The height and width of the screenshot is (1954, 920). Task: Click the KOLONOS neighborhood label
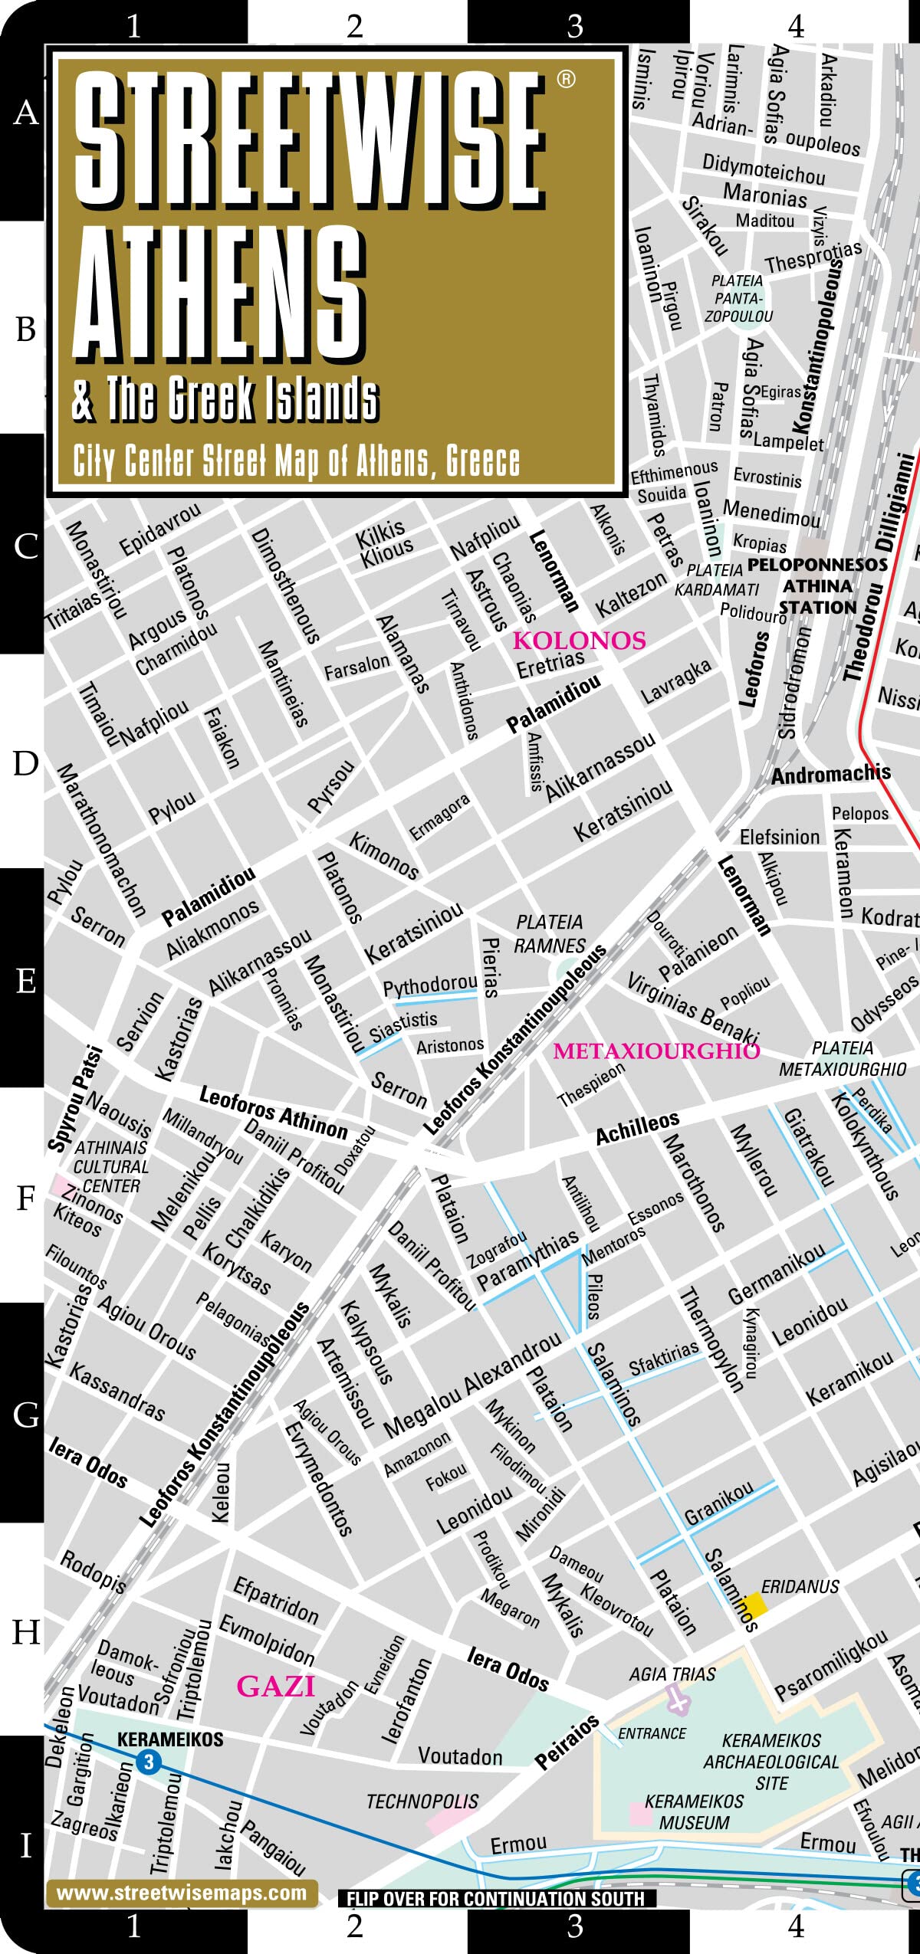click(x=579, y=640)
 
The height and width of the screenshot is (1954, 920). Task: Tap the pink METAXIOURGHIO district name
click(x=655, y=1051)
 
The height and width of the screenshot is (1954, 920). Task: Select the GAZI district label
click(x=275, y=1686)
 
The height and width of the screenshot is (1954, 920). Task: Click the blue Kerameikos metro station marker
click(x=149, y=1762)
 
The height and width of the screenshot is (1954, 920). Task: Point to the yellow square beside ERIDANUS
click(x=755, y=1604)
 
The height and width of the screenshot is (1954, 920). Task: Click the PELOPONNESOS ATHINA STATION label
click(x=817, y=586)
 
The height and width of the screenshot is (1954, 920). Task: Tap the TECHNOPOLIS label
click(x=422, y=1801)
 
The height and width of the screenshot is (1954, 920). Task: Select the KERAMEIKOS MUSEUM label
click(x=694, y=1811)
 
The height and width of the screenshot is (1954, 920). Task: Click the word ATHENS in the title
click(x=219, y=295)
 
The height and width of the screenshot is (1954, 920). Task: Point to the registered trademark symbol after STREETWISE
click(x=566, y=79)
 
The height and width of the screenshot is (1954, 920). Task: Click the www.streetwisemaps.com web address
click(x=181, y=1893)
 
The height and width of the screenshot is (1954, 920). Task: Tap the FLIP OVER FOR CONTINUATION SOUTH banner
click(x=496, y=1899)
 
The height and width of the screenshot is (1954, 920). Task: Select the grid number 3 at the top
click(x=575, y=27)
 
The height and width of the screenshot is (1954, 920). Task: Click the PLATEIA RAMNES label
click(x=550, y=933)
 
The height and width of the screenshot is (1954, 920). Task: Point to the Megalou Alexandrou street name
click(x=472, y=1385)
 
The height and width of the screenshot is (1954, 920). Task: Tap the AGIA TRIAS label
click(x=672, y=1674)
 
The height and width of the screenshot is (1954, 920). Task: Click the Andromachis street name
click(x=830, y=774)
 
